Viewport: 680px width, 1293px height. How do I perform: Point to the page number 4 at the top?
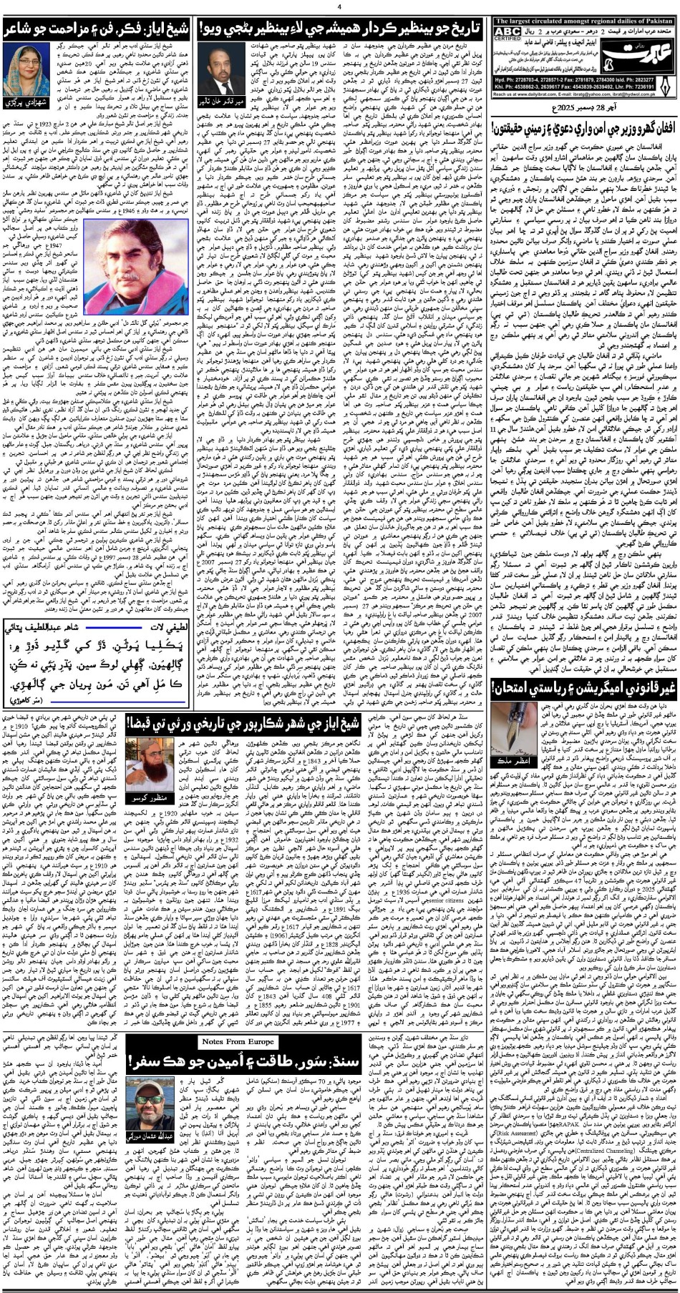(339, 6)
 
